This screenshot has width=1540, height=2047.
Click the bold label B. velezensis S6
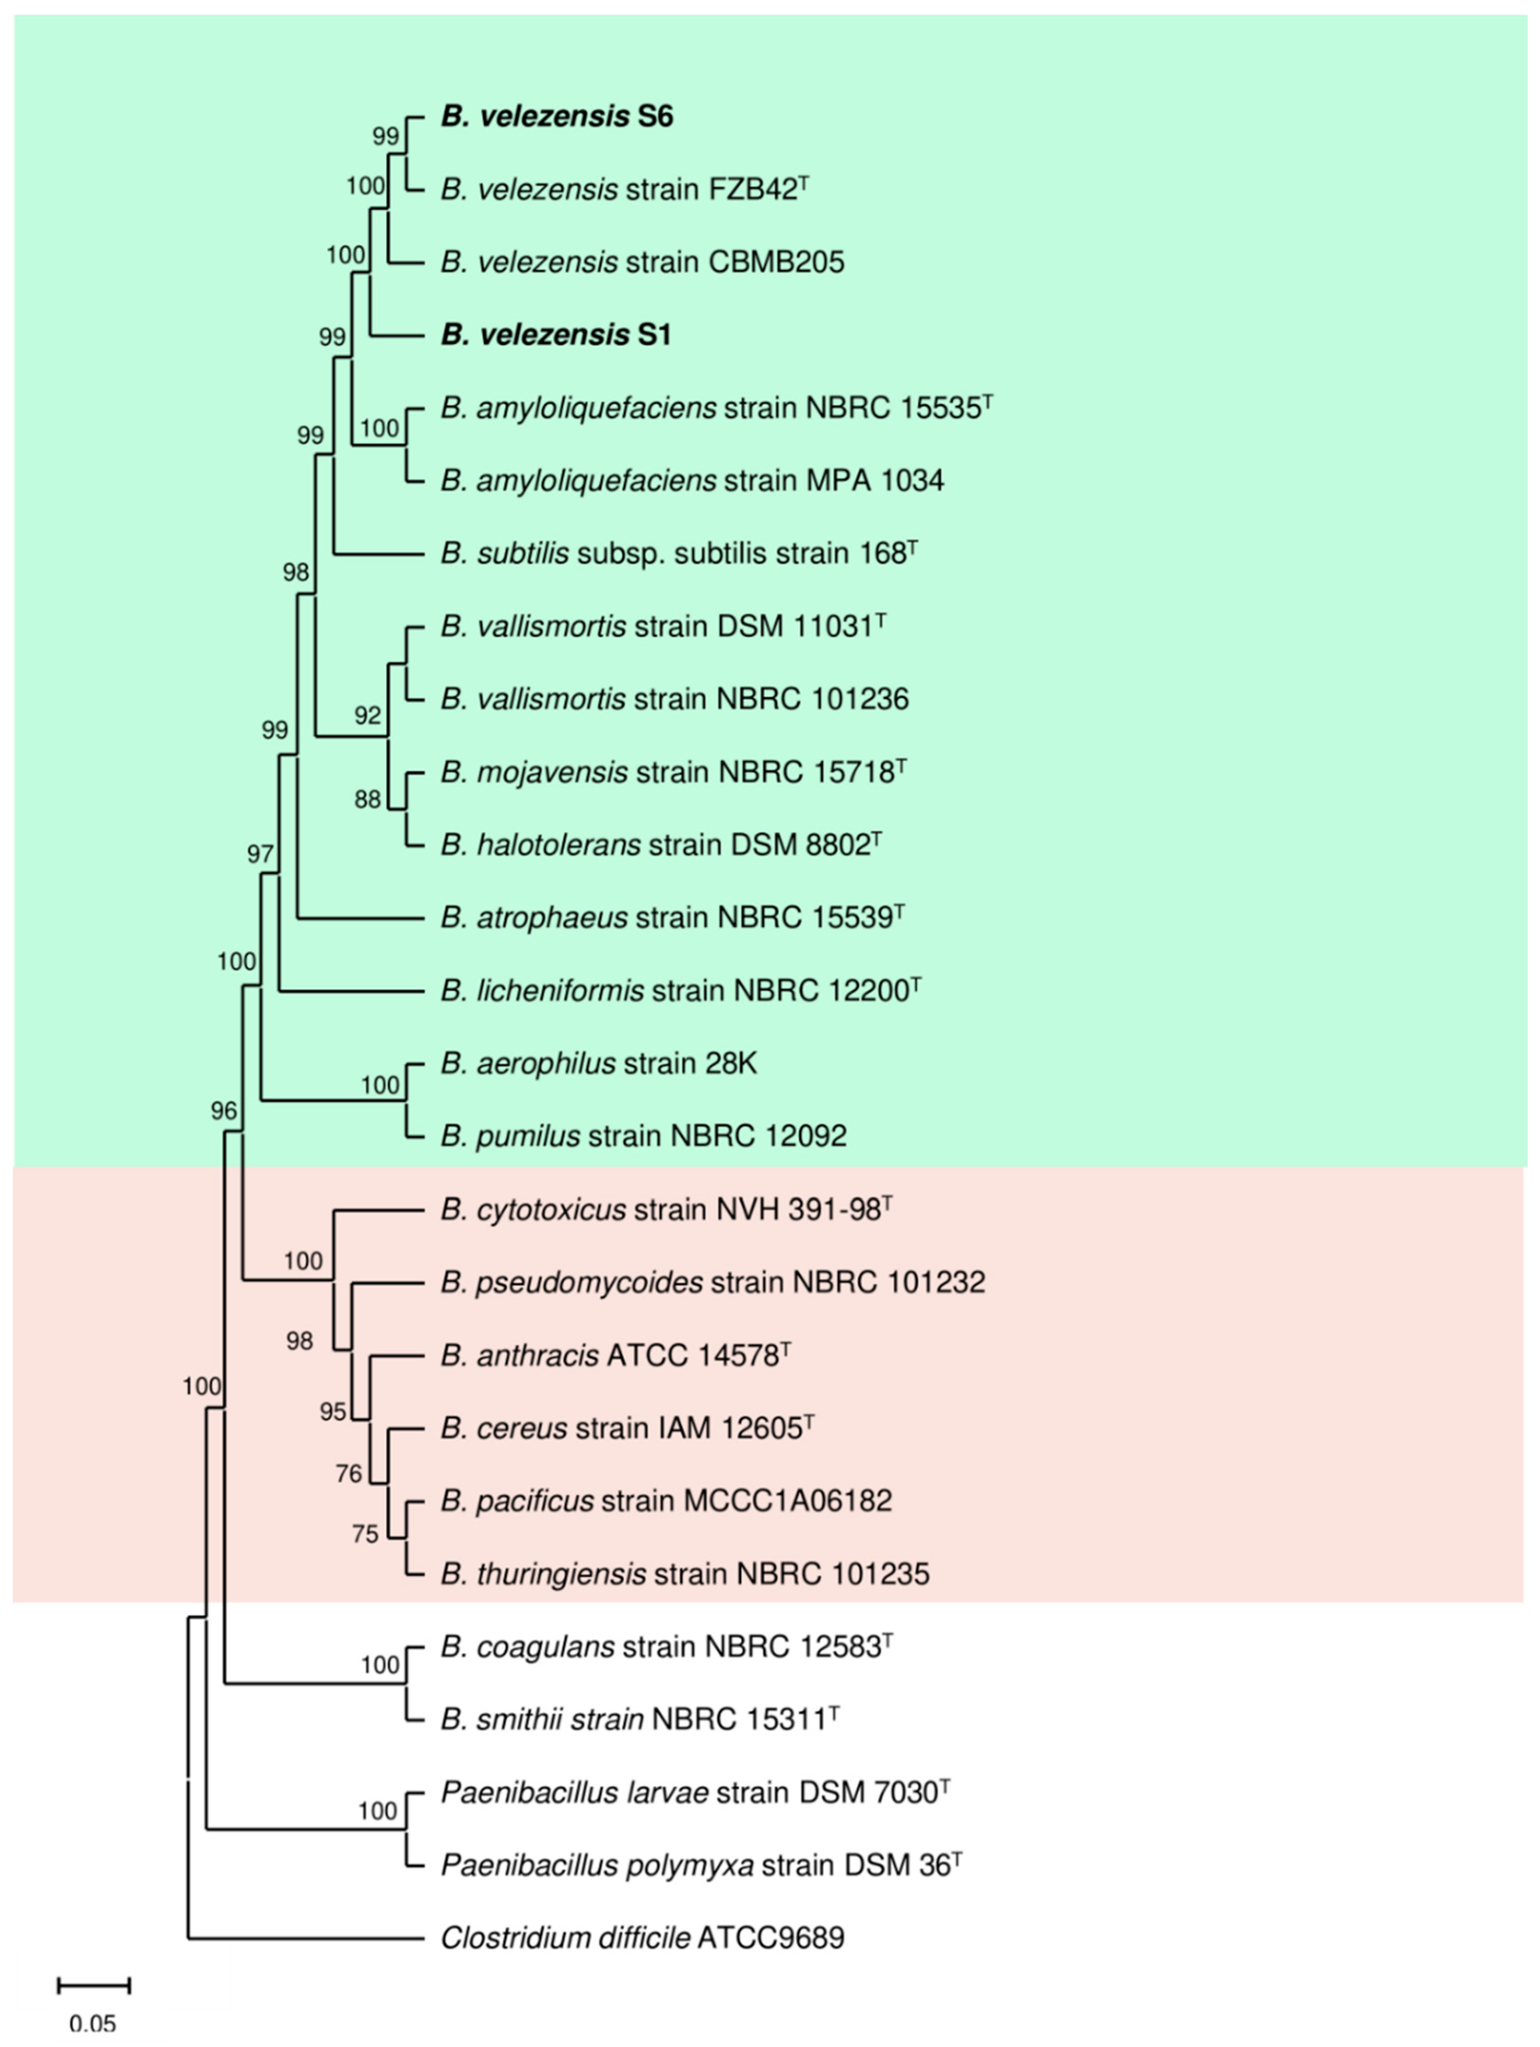pos(556,117)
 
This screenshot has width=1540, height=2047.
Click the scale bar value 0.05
pos(92,2024)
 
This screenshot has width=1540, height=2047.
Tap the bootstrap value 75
pos(366,1534)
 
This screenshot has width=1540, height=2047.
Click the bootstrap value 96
pos(224,1111)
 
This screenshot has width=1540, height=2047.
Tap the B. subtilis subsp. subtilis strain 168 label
pos(679,554)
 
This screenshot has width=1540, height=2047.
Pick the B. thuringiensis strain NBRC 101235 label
pos(685,1574)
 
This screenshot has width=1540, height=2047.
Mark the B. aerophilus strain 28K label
pos(598,1064)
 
